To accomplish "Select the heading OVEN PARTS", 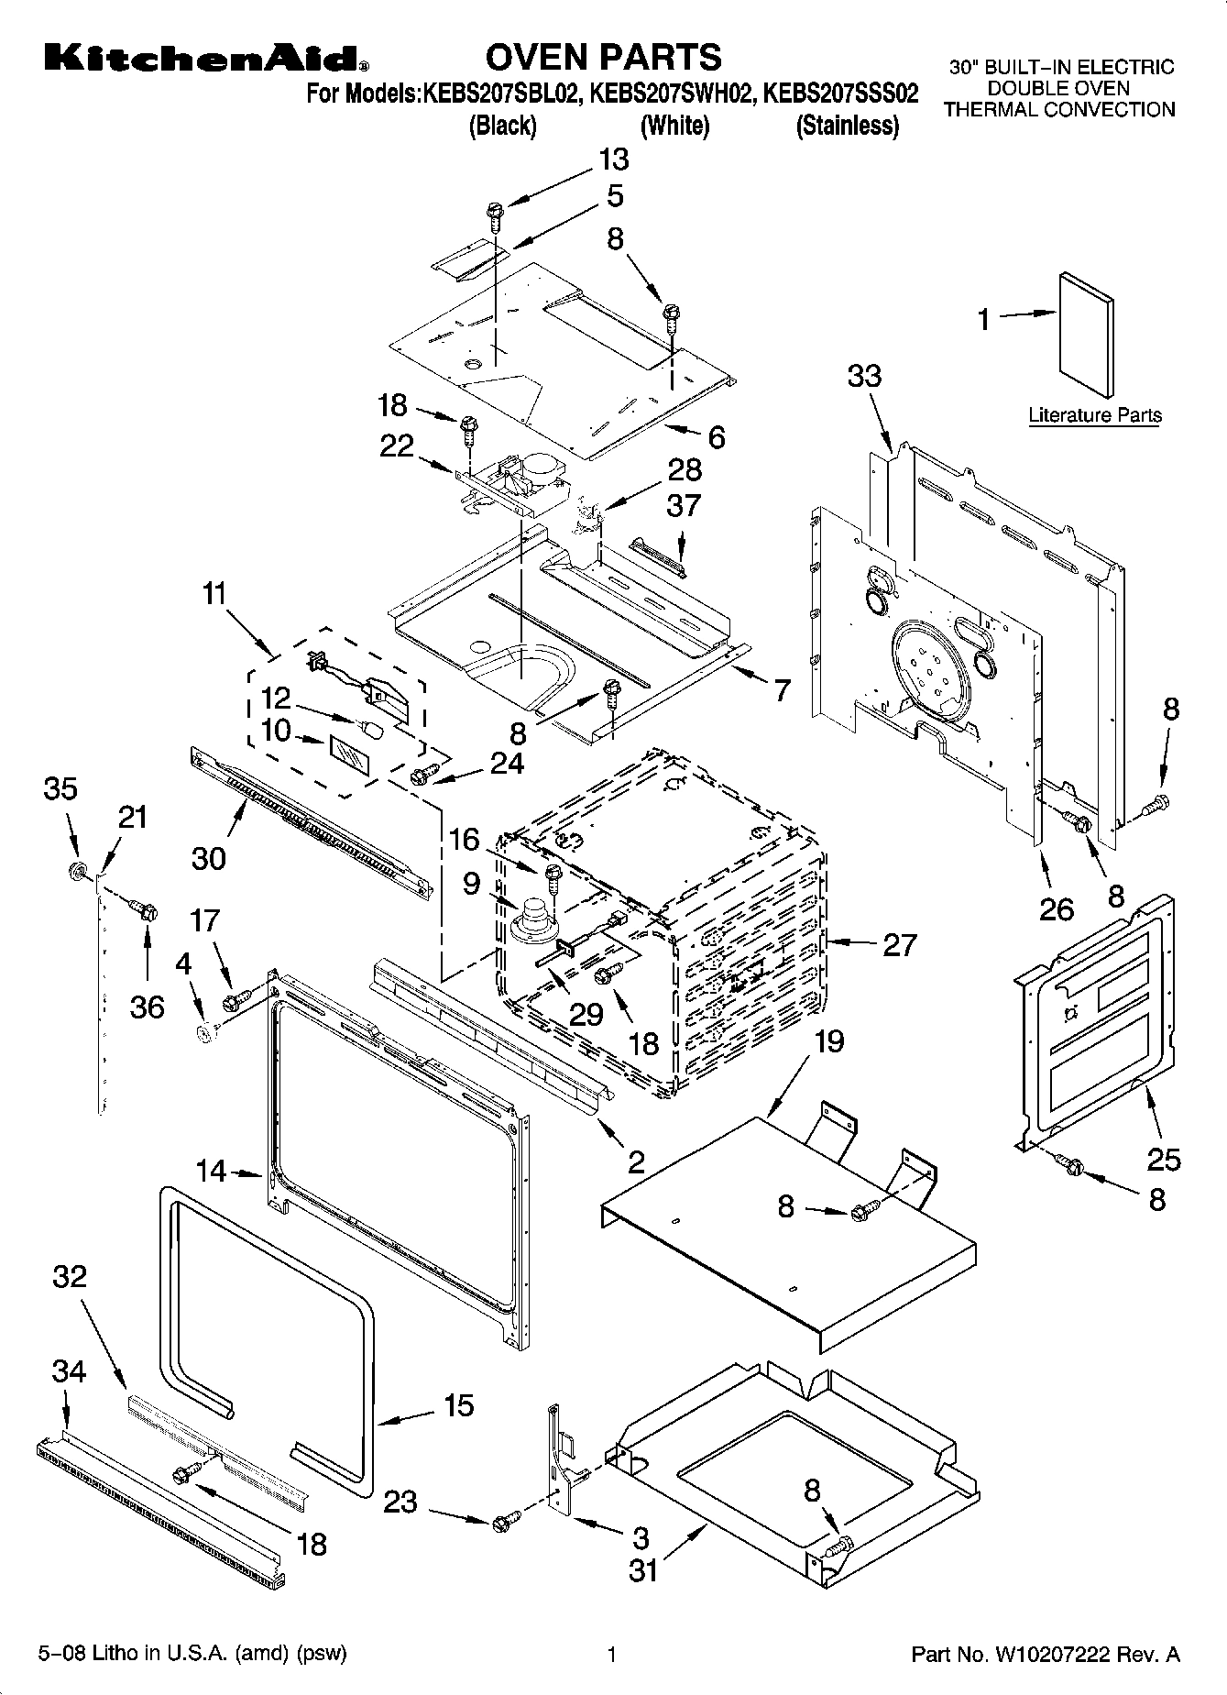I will click(603, 57).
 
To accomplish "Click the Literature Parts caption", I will click(1094, 415).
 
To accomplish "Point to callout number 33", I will click(864, 375).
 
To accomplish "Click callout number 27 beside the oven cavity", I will click(898, 944).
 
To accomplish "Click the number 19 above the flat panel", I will click(827, 1041).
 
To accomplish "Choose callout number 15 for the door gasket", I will click(458, 1405).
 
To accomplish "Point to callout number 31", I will click(643, 1570).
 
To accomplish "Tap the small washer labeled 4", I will click(204, 1032).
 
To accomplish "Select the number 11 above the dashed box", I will click(214, 593).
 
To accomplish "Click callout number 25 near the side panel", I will click(1164, 1160).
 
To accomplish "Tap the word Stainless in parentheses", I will click(847, 127).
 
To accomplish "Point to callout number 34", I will click(68, 1371).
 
